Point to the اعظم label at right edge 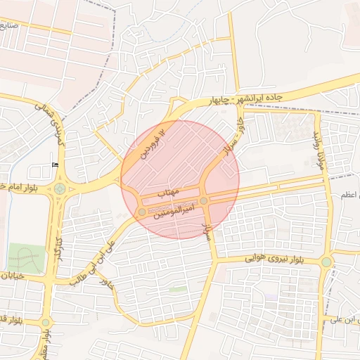347,193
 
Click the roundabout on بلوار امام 60,188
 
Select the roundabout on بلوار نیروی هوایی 326,262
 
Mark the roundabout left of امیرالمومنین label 142,211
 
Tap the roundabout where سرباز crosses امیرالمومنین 203,201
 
